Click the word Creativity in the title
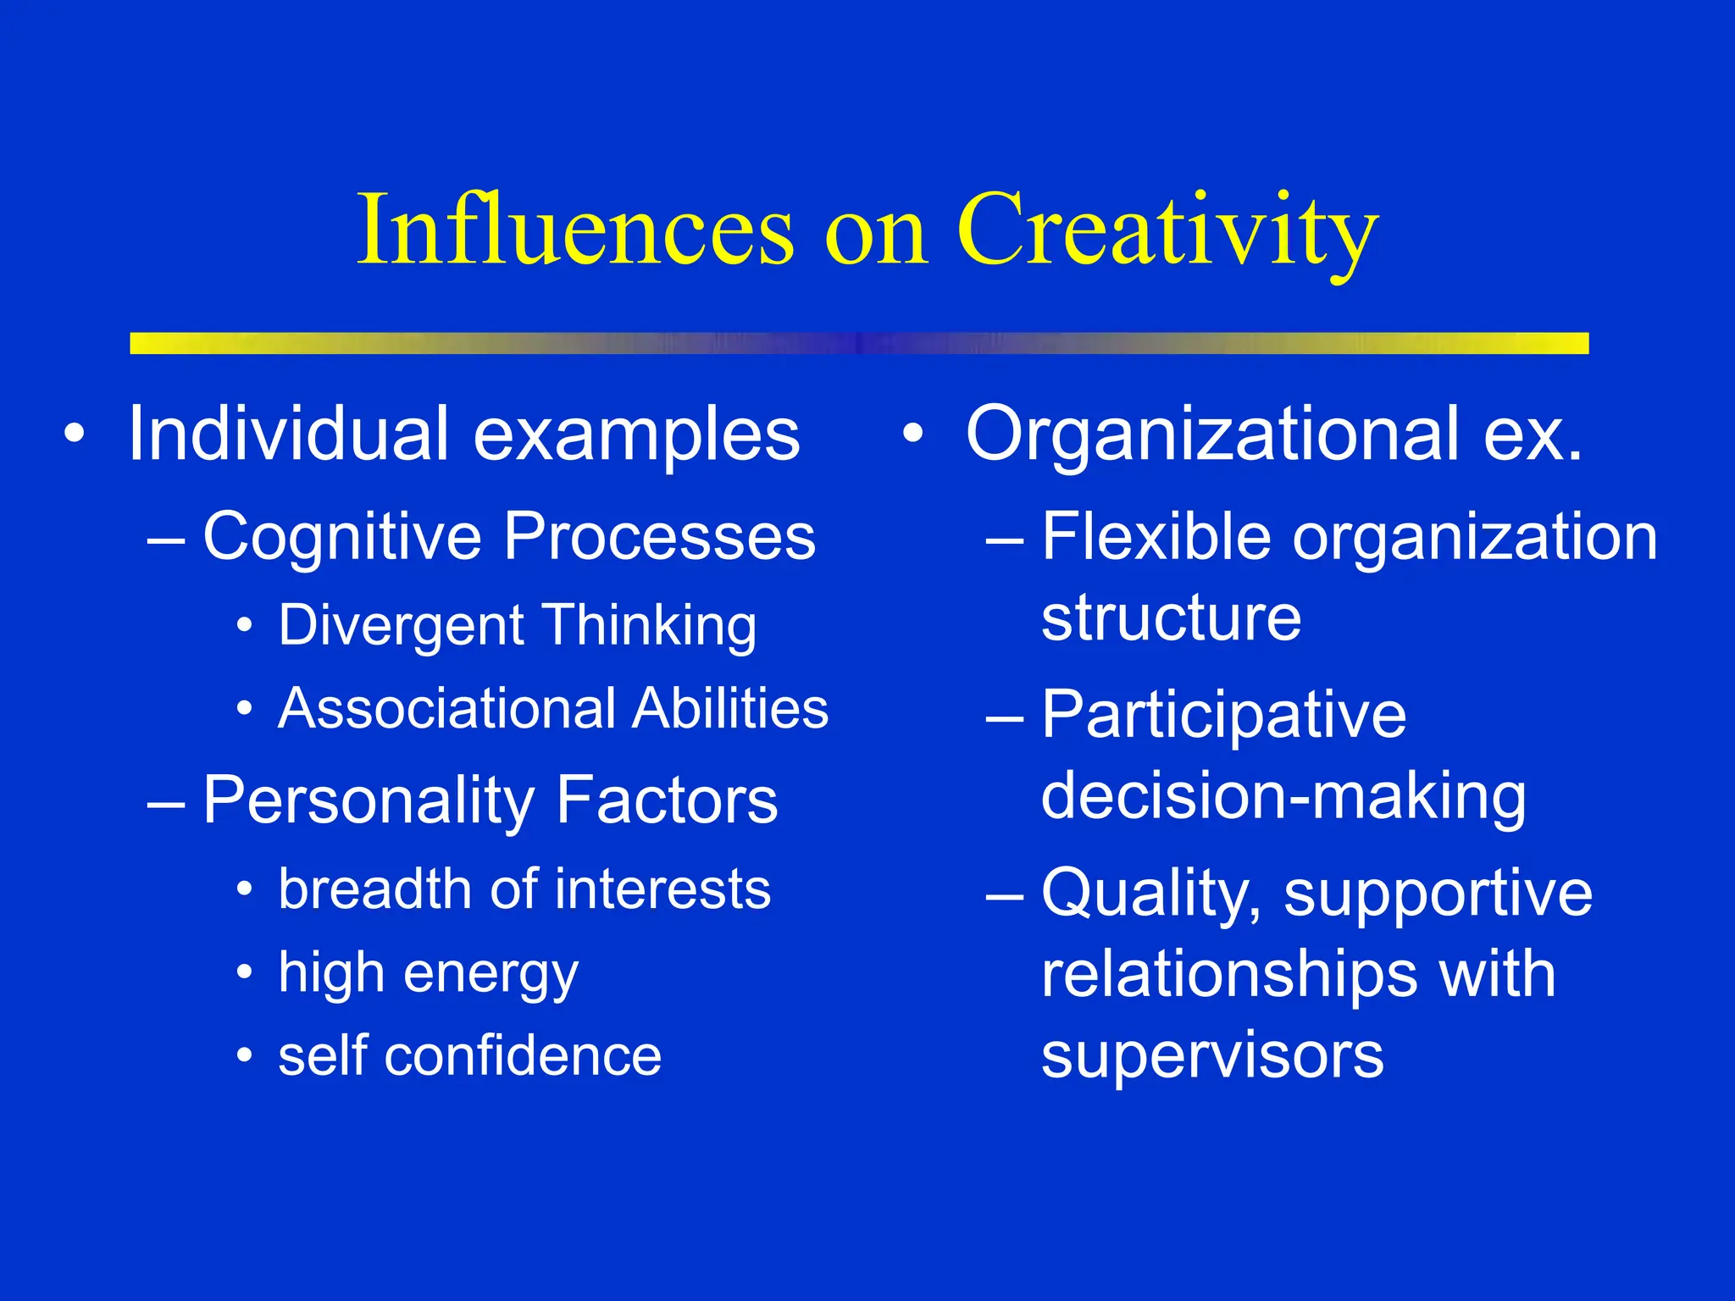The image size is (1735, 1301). click(1167, 230)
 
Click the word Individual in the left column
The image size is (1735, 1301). click(288, 435)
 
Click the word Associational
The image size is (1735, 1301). click(447, 708)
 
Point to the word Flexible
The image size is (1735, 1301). click(1156, 537)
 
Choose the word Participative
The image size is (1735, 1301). click(1223, 717)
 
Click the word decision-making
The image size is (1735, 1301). click(1283, 797)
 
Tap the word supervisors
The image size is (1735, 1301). click(1212, 1056)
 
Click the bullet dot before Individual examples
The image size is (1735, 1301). click(75, 434)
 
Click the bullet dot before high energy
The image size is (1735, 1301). click(245, 972)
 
